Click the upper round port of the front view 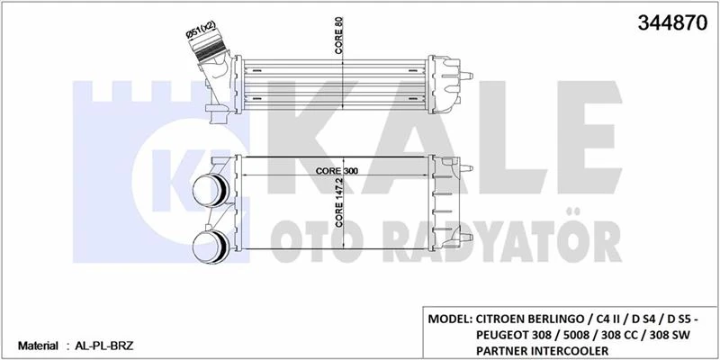point(211,191)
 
